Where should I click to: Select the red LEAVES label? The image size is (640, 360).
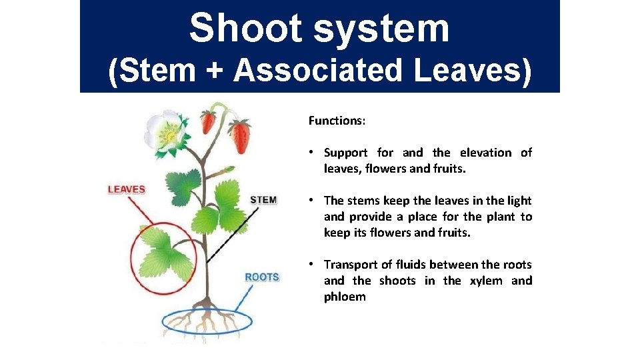[x=127, y=189]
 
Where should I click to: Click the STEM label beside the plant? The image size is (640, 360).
[x=263, y=200]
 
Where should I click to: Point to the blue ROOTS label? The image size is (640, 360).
[x=261, y=277]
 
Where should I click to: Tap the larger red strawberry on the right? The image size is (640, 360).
[x=240, y=135]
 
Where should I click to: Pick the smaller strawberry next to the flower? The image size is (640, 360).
[x=209, y=121]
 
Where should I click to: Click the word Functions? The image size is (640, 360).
[x=337, y=121]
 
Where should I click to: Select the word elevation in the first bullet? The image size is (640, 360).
[x=485, y=153]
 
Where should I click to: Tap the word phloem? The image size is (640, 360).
[x=345, y=297]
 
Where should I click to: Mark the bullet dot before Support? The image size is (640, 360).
[x=313, y=153]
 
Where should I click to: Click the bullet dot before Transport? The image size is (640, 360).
[x=313, y=265]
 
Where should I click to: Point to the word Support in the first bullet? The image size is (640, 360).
[x=345, y=153]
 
